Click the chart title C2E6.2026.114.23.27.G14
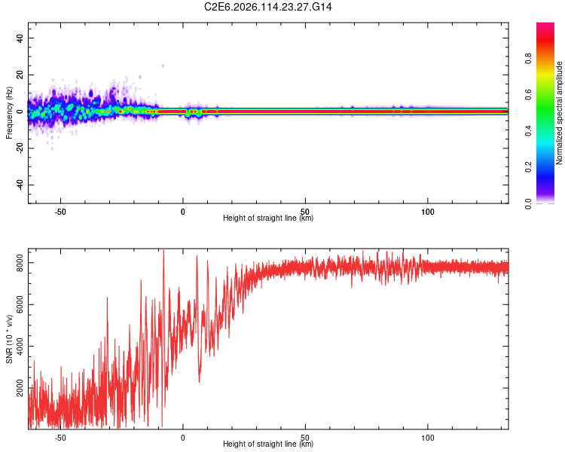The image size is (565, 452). point(268,7)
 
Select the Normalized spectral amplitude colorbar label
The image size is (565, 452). point(560,113)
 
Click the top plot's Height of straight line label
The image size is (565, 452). point(268,218)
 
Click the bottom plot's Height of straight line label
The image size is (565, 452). point(268,444)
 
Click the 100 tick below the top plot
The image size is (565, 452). point(427,212)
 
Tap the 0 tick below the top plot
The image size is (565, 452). point(182,212)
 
